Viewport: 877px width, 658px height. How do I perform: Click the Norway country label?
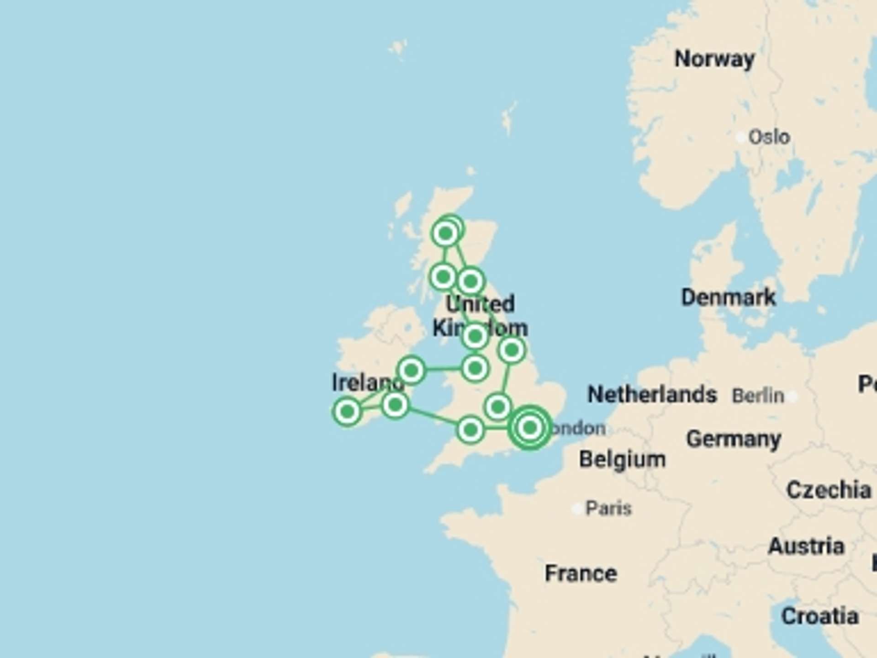point(714,59)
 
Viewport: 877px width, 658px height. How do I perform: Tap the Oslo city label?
point(769,137)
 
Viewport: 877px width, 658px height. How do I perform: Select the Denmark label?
point(728,297)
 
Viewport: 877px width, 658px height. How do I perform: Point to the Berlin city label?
point(758,396)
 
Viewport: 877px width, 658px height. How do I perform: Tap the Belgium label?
point(622,460)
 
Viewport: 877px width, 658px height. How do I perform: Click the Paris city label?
point(608,508)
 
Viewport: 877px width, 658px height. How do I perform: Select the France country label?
point(581,573)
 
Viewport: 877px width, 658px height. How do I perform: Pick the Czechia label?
point(828,490)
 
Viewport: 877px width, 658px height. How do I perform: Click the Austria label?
point(806,547)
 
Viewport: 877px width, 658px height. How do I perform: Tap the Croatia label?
point(819,616)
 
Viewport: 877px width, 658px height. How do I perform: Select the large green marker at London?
point(530,428)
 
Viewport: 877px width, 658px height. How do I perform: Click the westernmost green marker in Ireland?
point(347,411)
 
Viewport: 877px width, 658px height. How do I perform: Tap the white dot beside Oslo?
point(741,137)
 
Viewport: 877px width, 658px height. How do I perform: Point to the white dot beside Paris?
point(577,509)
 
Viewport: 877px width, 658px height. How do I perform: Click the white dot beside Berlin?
point(792,396)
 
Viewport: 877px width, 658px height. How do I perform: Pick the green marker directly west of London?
point(470,430)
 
